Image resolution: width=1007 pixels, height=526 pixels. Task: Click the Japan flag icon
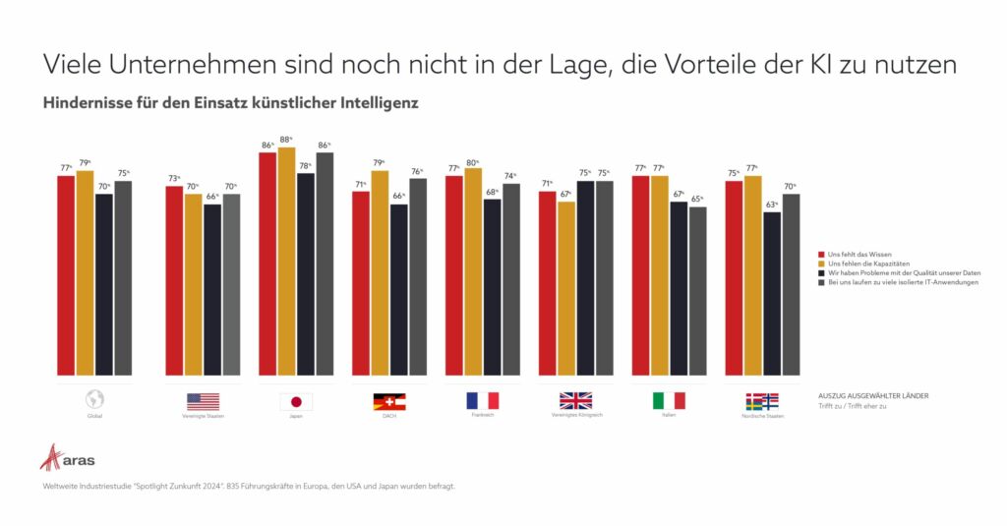pos(296,401)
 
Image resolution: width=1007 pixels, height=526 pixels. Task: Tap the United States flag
pos(203,401)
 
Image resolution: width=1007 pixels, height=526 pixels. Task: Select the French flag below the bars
pos(483,400)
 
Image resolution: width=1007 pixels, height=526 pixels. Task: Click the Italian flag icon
pos(669,400)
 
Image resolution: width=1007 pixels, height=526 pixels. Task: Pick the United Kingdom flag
pos(575,400)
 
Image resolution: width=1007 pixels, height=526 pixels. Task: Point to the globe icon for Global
pos(94,400)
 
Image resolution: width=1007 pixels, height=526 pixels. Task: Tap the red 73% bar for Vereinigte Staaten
pos(173,280)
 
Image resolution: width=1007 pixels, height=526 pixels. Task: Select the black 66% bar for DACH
pos(398,290)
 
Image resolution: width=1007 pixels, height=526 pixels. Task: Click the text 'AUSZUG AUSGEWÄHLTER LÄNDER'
pos(873,395)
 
